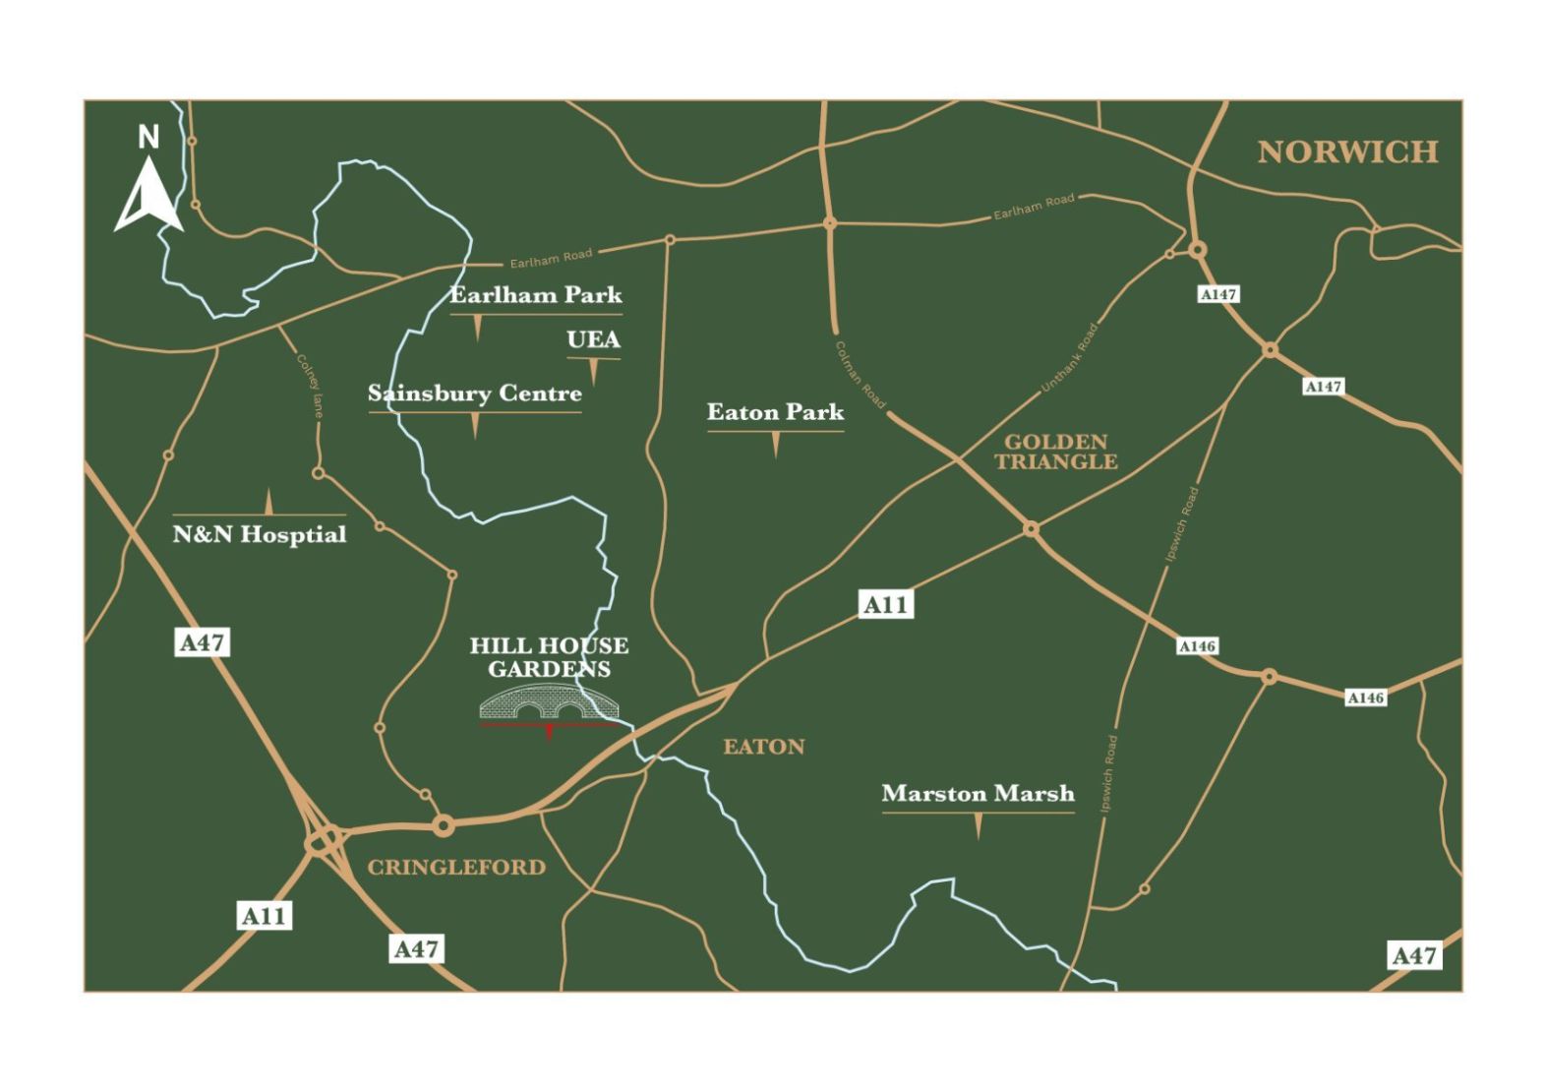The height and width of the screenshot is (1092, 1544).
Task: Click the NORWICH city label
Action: [1347, 152]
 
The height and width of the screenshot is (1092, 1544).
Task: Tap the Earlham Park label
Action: [536, 294]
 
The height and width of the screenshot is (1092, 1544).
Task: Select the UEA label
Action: [593, 339]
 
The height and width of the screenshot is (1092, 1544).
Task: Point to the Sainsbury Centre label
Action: [475, 394]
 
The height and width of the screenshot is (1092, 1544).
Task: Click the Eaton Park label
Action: [775, 412]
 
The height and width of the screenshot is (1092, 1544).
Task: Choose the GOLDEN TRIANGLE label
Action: [1056, 452]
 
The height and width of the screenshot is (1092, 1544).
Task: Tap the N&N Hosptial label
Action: [260, 534]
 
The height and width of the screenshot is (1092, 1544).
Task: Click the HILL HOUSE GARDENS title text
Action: [549, 657]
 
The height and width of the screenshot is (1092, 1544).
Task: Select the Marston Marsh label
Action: [978, 793]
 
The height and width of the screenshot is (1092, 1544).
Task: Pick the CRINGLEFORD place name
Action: [456, 867]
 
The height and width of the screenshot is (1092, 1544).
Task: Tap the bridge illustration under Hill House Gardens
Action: [550, 702]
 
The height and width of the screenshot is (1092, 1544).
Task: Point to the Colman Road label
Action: [860, 375]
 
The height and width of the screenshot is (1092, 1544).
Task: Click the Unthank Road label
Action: [1069, 358]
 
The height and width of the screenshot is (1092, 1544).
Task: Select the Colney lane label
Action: [311, 386]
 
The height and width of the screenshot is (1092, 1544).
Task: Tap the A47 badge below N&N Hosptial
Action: [203, 642]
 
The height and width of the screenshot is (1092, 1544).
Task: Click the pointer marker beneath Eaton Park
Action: [776, 445]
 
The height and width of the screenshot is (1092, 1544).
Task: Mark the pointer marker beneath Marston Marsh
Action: [978, 826]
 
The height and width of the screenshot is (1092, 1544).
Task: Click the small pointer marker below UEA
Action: [594, 372]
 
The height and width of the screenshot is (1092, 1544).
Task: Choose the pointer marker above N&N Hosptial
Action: [268, 502]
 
